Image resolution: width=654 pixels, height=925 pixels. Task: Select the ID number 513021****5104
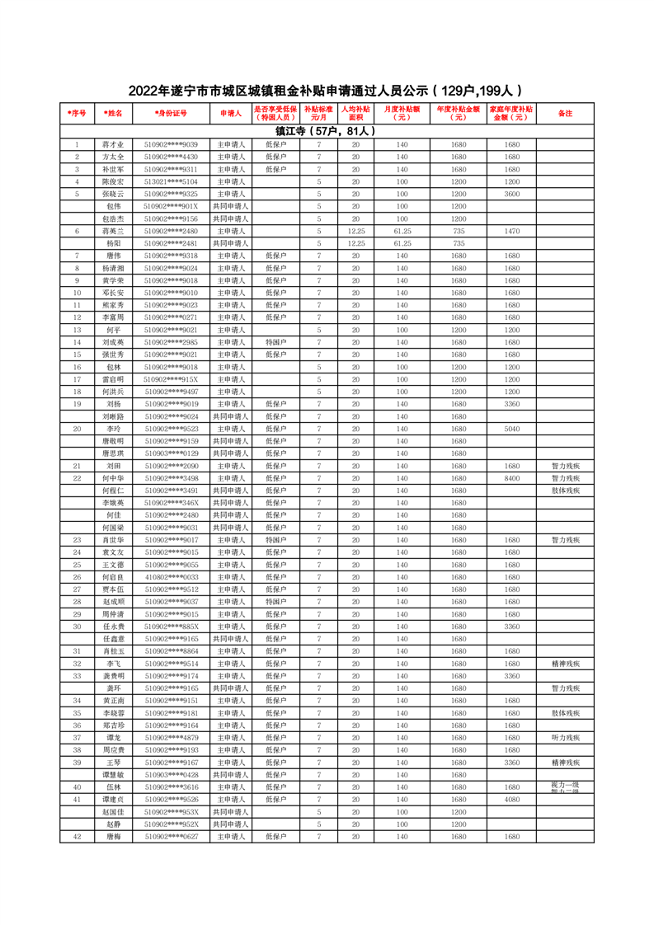coord(171,181)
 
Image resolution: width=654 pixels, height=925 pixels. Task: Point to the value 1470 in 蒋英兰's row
coord(511,231)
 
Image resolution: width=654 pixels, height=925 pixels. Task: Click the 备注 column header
coord(565,113)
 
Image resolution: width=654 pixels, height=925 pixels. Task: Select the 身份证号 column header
coord(171,113)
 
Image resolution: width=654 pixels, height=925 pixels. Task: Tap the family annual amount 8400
coord(511,478)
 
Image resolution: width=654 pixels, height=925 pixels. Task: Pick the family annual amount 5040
coord(511,429)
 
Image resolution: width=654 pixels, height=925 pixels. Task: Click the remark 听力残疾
coord(565,738)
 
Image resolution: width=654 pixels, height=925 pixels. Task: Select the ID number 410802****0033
coord(171,577)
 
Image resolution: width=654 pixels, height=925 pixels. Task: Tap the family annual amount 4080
coord(511,800)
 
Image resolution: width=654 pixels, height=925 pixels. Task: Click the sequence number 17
coord(77,379)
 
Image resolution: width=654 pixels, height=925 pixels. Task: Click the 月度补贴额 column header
coord(402,113)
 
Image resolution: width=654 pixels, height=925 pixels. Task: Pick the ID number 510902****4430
coord(171,157)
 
